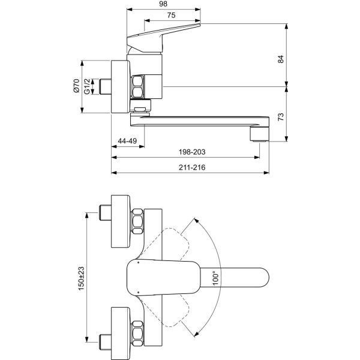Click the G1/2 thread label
88,87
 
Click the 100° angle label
216,278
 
